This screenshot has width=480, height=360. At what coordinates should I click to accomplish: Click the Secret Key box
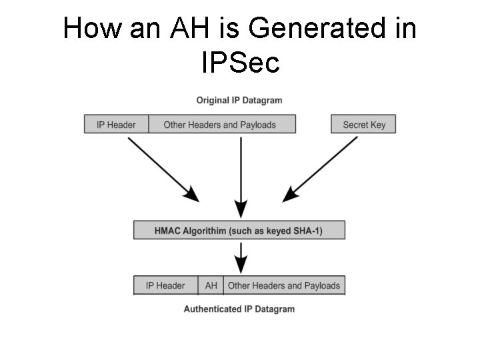[x=363, y=125]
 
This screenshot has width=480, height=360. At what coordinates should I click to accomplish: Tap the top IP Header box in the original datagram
[x=116, y=125]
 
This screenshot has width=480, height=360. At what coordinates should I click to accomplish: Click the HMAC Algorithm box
[x=239, y=231]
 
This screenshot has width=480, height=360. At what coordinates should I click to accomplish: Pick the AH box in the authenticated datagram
[x=211, y=285]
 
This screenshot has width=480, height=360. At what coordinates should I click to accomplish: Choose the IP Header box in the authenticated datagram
[x=165, y=285]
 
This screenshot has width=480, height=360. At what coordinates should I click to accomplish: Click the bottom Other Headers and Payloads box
[x=284, y=285]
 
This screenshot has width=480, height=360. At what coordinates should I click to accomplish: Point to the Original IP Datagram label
[x=239, y=101]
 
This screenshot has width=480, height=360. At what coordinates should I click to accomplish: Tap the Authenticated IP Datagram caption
[x=239, y=309]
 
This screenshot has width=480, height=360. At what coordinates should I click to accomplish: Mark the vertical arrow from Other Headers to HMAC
[x=241, y=173]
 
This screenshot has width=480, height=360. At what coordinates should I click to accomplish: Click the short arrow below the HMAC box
[x=241, y=256]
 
